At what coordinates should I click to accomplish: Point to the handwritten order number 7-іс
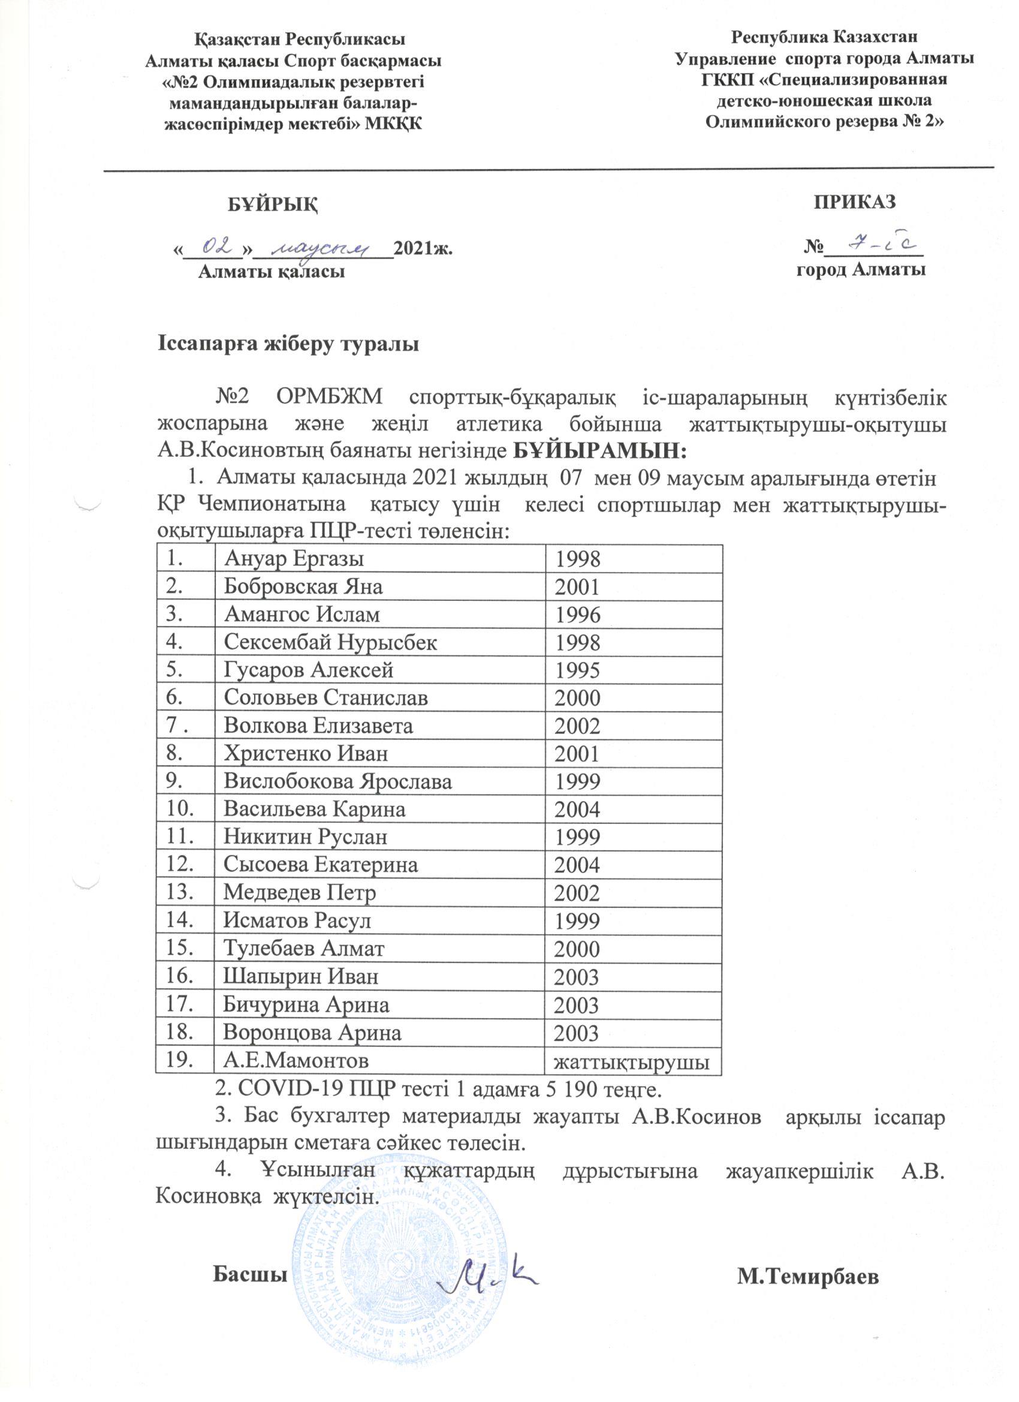(x=878, y=245)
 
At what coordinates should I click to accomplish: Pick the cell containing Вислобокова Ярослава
(x=337, y=781)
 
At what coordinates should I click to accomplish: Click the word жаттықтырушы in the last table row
(x=631, y=1062)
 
